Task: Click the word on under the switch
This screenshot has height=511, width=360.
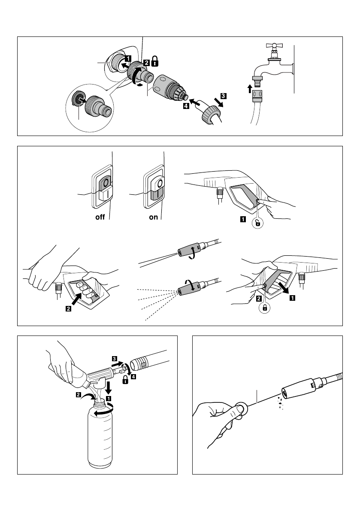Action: click(153, 218)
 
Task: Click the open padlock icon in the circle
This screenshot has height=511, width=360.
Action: click(257, 223)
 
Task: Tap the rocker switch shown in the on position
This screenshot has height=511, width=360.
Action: click(154, 188)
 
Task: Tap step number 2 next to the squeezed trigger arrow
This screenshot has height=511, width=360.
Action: click(68, 311)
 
